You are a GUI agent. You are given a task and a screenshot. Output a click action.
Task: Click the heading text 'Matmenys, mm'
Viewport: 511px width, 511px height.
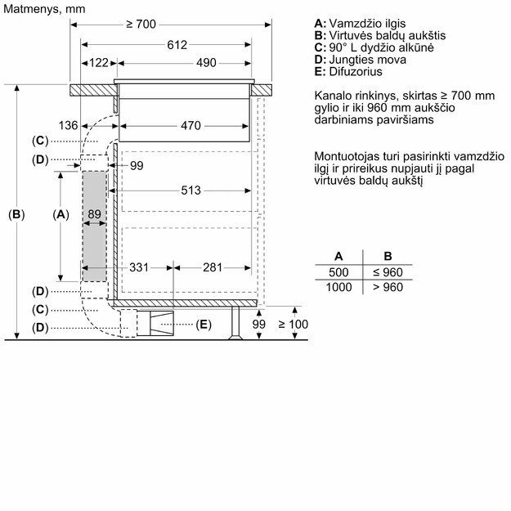tap(43, 8)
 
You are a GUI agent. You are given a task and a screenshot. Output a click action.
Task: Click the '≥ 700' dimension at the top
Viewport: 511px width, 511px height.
tap(141, 25)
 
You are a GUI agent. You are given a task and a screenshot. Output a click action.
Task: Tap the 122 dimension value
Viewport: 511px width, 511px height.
tap(99, 63)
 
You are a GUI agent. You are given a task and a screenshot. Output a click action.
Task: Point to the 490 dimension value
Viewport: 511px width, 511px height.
tap(205, 63)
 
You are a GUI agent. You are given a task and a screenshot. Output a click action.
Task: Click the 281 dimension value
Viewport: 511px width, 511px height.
tap(213, 267)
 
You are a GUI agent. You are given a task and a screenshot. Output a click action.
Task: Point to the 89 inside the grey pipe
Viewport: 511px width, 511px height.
tap(95, 214)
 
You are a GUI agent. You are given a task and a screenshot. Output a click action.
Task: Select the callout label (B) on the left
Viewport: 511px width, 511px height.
tap(16, 214)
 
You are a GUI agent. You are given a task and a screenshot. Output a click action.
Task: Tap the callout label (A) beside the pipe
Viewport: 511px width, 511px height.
tap(61, 214)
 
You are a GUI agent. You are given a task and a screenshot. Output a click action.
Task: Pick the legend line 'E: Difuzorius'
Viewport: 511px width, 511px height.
tap(348, 71)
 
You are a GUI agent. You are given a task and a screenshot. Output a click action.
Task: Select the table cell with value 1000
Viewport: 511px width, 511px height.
tap(338, 287)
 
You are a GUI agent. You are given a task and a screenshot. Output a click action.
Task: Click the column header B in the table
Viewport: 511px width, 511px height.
tap(388, 256)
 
